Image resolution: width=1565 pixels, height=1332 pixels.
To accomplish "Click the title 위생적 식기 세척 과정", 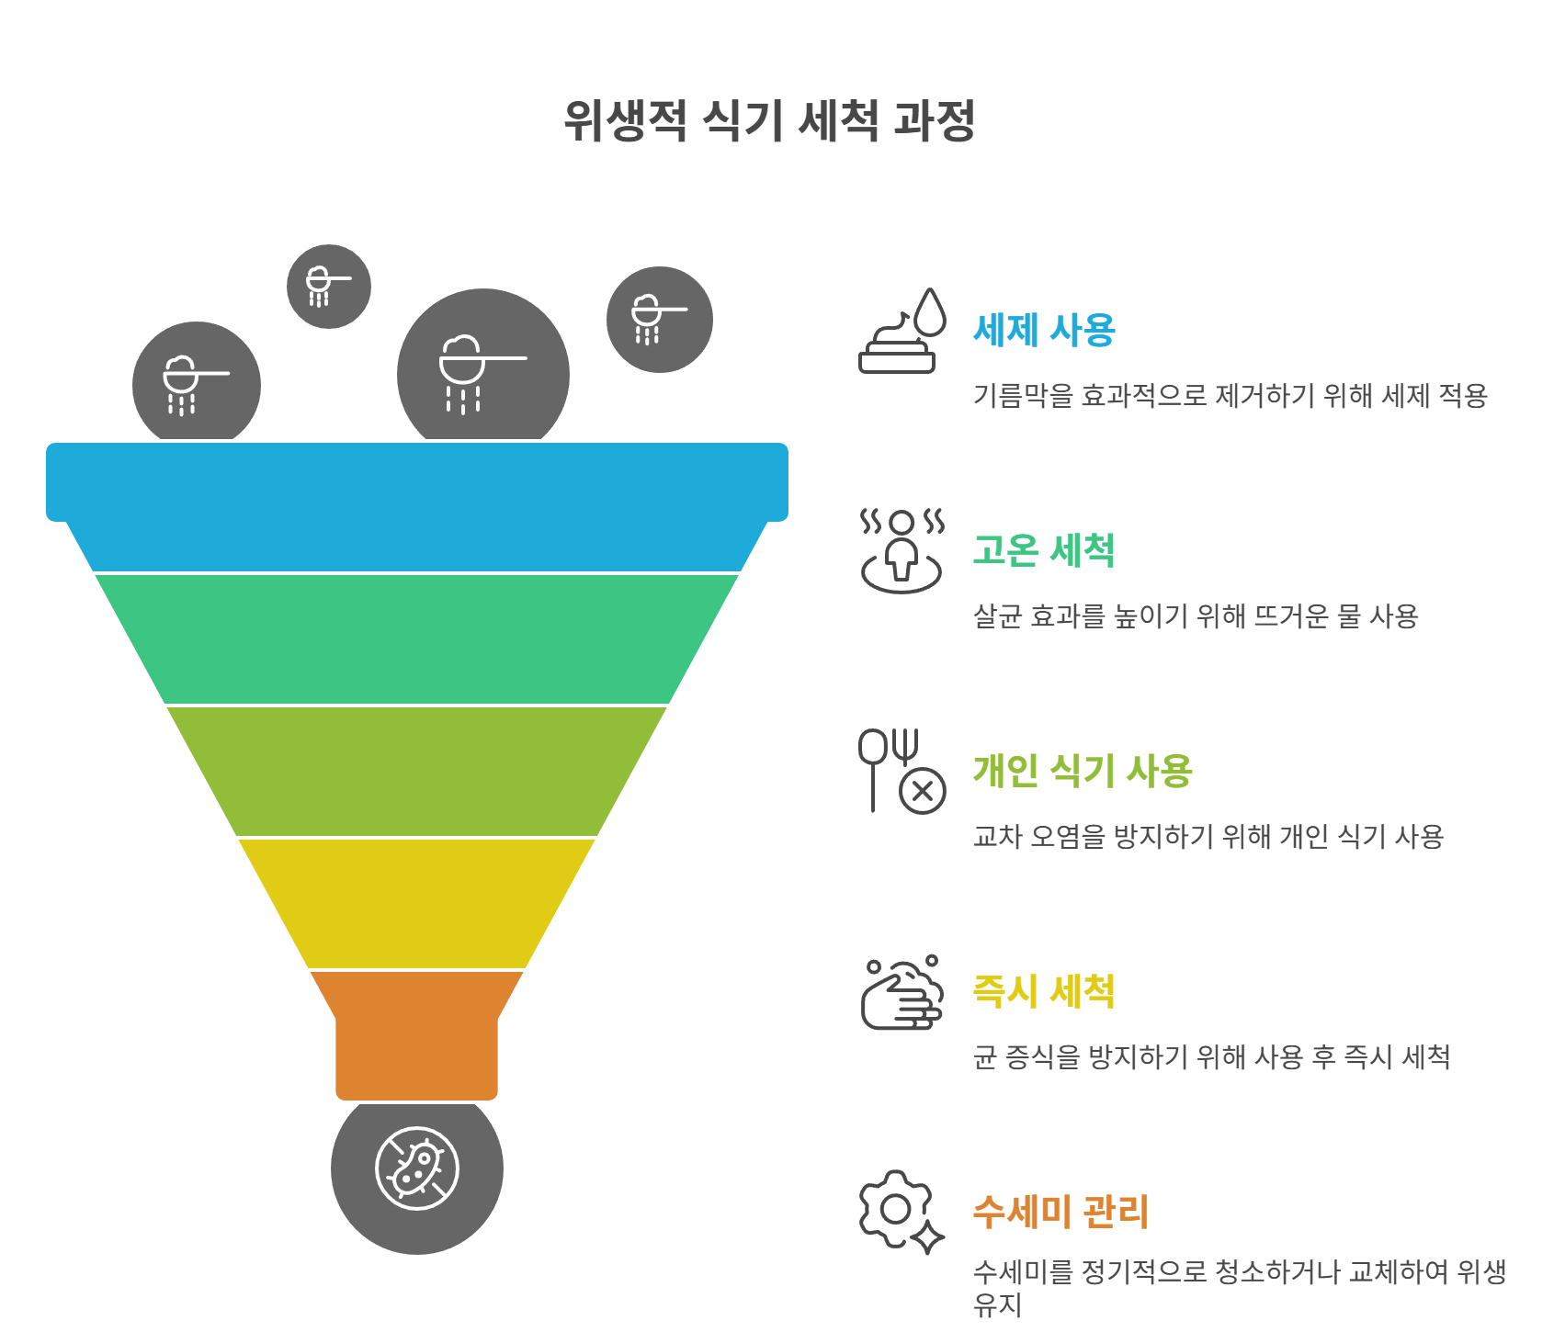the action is [x=769, y=121].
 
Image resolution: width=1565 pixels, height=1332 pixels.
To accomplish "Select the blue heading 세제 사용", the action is [x=1044, y=330].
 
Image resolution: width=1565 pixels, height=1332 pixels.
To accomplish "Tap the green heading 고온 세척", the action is [x=1044, y=550].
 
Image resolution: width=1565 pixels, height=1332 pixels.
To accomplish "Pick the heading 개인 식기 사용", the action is [x=1083, y=771].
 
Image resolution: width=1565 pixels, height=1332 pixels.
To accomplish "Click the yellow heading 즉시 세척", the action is [x=1044, y=991].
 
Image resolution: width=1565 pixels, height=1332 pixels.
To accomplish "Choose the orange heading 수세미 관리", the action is [x=1060, y=1212].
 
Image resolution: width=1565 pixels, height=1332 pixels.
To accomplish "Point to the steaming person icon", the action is [x=902, y=550].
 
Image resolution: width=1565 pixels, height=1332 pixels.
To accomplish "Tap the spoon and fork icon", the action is [x=902, y=771].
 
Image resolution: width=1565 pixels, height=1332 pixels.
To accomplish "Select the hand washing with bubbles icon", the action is [x=902, y=993].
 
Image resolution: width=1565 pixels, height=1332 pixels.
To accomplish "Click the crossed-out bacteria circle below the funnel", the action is [x=417, y=1169].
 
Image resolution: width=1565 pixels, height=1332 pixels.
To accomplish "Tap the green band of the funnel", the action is [x=417, y=638].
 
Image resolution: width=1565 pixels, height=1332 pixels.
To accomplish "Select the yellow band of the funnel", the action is [x=417, y=903].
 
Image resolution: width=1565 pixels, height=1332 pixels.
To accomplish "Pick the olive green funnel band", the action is [x=417, y=771].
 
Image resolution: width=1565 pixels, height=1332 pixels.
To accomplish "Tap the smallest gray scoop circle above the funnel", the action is [x=329, y=287].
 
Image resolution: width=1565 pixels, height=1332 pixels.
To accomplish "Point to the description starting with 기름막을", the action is [x=1230, y=396].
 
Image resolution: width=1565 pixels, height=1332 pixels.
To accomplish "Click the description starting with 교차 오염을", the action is [x=1208, y=837].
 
